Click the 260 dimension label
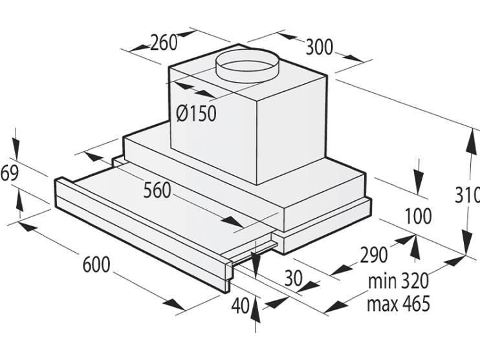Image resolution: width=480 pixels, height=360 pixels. click(x=164, y=42)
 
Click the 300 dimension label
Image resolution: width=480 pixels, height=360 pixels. click(x=319, y=47)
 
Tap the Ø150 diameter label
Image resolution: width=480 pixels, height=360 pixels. click(x=196, y=113)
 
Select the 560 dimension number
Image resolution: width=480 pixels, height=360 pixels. click(x=157, y=190)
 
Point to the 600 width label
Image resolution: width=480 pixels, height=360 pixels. click(x=96, y=264)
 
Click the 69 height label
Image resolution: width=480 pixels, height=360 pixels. click(x=9, y=173)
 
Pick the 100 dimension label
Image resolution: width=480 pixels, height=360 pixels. click(x=418, y=216)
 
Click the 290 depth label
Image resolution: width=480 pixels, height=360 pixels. click(x=373, y=255)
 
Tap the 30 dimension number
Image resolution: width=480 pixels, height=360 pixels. click(x=293, y=279)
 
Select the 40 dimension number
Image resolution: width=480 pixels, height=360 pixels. click(x=240, y=306)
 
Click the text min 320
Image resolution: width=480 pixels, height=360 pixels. click(x=398, y=281)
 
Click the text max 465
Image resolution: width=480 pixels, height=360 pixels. click(x=398, y=303)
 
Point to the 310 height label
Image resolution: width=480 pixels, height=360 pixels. click(x=467, y=195)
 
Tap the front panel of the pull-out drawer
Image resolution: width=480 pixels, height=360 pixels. click(x=142, y=235)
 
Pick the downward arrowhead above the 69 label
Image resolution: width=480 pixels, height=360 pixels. click(x=16, y=149)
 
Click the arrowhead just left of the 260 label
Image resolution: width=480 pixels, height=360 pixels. click(x=140, y=48)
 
